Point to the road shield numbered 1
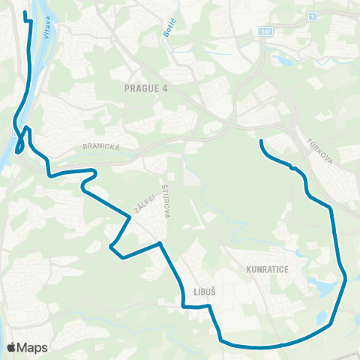pyautogui.click(x=311, y=15)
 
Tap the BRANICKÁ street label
pyautogui.click(x=101, y=148)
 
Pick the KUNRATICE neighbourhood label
pyautogui.click(x=266, y=268)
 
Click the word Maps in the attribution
pyautogui.click(x=33, y=347)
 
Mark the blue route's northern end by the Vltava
pyautogui.click(x=26, y=13)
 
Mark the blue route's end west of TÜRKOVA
pyautogui.click(x=260, y=141)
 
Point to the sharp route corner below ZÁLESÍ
pyautogui.click(x=112, y=245)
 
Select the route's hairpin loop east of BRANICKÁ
pyautogui.click(x=95, y=175)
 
